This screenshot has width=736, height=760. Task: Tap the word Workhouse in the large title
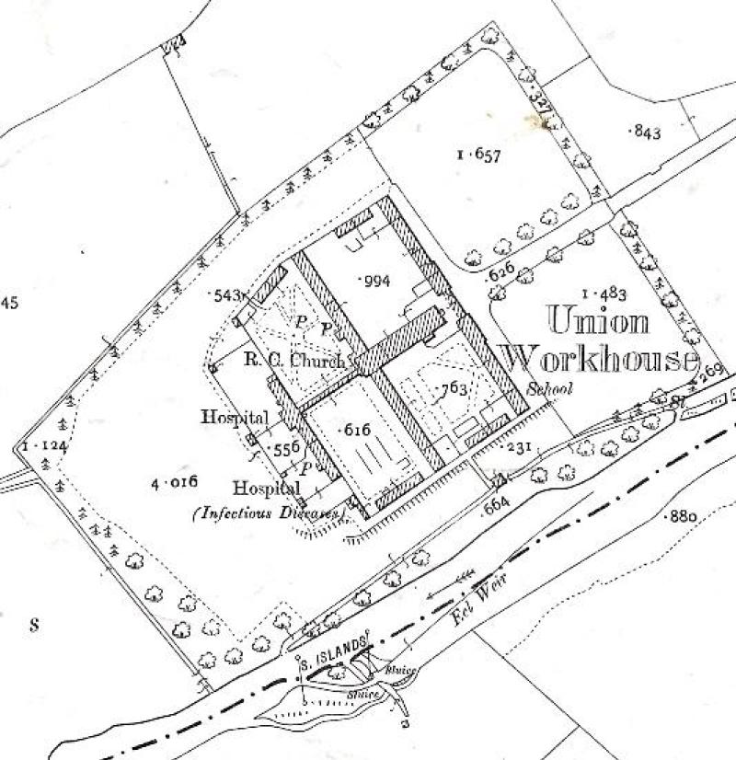pos(598,357)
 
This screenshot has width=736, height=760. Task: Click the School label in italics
pos(550,389)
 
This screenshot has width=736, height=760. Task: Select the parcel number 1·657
pos(477,155)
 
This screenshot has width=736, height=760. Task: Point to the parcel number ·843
pos(644,132)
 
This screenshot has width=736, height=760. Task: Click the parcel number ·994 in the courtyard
pos(376,281)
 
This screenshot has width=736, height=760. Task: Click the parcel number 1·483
pos(604,294)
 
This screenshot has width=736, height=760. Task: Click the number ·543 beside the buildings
pos(226,295)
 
